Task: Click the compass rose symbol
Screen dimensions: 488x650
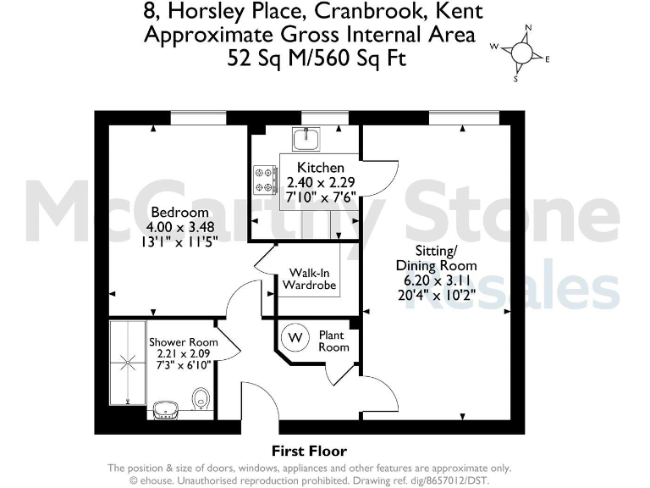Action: click(522, 53)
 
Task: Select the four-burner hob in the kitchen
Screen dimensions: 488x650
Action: click(264, 179)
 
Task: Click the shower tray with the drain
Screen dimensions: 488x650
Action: click(128, 362)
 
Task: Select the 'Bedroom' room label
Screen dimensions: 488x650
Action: click(179, 212)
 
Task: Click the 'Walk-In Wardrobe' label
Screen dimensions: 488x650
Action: click(309, 279)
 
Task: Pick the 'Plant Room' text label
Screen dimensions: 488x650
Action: click(333, 341)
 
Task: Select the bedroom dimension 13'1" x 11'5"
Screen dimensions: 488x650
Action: click(179, 241)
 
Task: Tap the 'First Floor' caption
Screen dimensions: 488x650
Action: click(309, 451)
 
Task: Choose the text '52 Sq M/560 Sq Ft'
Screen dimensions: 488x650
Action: click(317, 58)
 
